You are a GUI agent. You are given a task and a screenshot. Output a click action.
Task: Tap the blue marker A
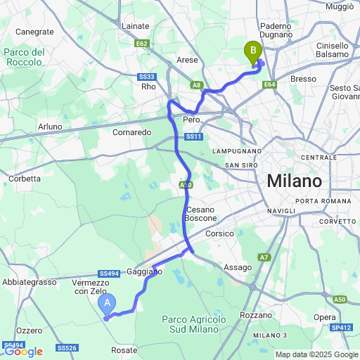point(107,304)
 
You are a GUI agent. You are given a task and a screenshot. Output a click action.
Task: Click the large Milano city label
point(294,181)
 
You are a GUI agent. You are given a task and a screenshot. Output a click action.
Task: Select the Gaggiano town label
point(145,271)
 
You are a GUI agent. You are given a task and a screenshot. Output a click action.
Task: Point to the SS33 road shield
point(146,77)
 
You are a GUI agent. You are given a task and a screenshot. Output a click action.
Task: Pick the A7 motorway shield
point(264,258)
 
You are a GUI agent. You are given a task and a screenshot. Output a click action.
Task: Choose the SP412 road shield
point(342,328)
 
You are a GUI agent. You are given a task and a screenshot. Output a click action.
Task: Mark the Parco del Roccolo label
point(24,57)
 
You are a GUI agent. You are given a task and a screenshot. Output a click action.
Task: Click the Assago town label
point(237,267)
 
